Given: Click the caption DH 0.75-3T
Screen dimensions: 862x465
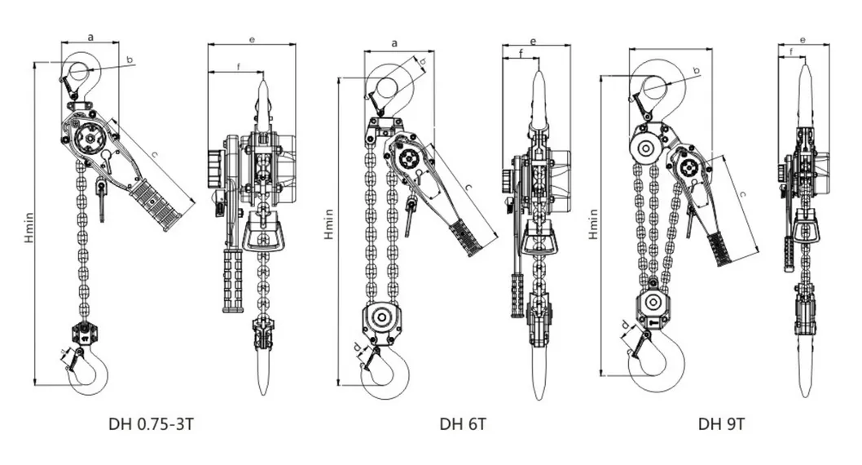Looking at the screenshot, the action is (x=152, y=424).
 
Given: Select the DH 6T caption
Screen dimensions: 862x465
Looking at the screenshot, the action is (x=463, y=424).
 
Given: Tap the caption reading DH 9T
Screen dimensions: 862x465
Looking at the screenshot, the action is (x=722, y=424).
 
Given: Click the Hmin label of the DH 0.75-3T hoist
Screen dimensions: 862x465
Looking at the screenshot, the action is (x=29, y=228).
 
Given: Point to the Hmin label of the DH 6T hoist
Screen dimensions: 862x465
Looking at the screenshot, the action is (x=328, y=224).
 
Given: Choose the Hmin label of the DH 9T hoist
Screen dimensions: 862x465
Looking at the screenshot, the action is (x=593, y=224).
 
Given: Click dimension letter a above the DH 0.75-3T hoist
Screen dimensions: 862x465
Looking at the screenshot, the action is (x=90, y=38).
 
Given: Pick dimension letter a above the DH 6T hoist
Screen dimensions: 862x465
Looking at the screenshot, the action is (x=394, y=43).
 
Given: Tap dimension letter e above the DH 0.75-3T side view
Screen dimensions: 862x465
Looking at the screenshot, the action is (x=252, y=40).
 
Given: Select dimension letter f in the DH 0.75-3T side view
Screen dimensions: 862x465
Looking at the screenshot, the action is (x=239, y=67).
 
